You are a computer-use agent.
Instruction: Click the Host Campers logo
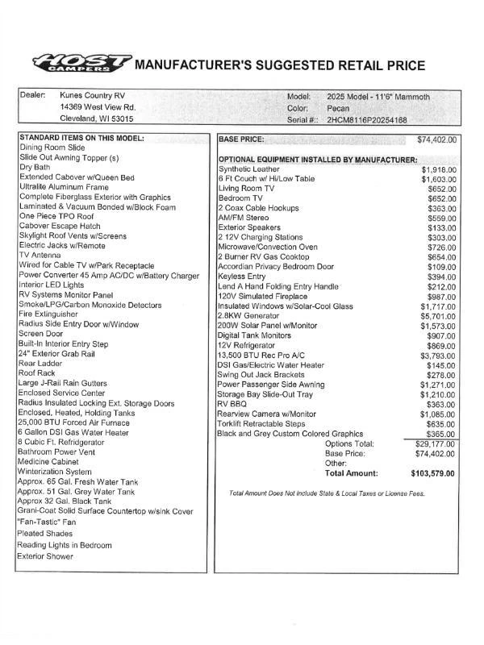tap(82, 63)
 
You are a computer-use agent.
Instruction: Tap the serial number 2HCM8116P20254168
tap(367, 120)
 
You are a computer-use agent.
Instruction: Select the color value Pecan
tap(339, 108)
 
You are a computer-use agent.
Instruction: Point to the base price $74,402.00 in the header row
tap(436, 140)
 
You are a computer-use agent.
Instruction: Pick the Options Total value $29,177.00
tap(434, 444)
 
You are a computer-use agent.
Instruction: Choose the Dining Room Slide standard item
tap(52, 148)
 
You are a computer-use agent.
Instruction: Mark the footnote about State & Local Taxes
tap(327, 493)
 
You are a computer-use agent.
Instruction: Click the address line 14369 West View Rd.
tap(98, 107)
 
